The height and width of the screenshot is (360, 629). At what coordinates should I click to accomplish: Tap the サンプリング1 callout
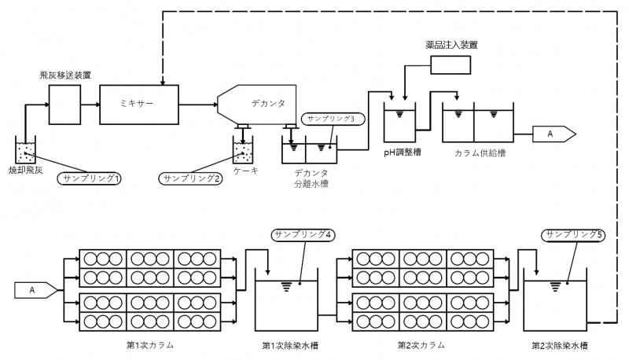[x=90, y=179]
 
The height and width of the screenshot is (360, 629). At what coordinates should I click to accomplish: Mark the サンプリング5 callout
[x=573, y=234]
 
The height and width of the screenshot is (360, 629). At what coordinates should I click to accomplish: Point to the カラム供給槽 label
[x=476, y=152]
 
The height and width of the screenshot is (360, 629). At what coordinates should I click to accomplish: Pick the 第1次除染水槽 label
[x=290, y=346]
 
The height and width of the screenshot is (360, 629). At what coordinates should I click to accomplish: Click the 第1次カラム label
[x=150, y=346]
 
